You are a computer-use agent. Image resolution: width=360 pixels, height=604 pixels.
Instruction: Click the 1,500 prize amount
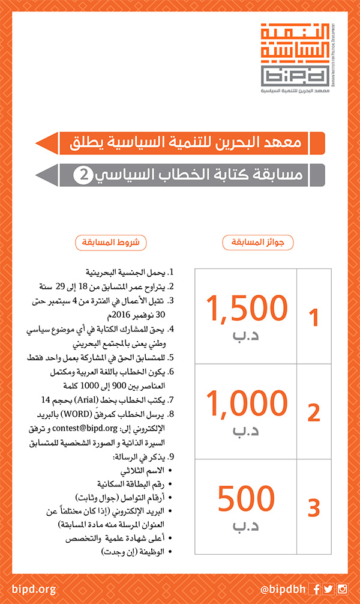pos(247,309)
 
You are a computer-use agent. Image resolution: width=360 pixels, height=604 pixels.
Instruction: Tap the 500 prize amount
pos(247,499)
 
